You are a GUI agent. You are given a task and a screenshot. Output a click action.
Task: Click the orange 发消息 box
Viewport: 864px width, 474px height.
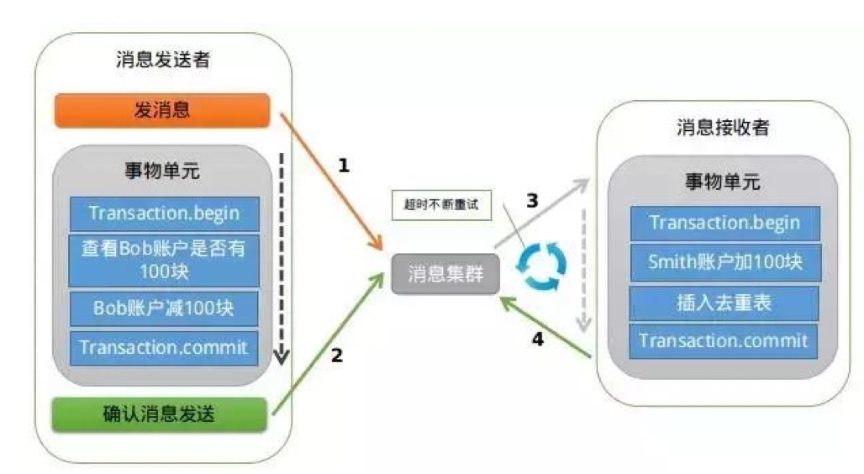161,110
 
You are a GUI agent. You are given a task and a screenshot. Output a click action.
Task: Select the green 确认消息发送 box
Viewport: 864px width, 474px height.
160,413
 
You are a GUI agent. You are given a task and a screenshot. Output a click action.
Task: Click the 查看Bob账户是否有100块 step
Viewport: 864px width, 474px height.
164,261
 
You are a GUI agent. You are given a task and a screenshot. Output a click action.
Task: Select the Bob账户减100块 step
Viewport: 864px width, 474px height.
164,308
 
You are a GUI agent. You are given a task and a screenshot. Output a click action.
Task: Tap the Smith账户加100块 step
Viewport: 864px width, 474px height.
724,261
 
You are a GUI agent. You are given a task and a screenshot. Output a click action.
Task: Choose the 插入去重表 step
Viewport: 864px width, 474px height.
724,302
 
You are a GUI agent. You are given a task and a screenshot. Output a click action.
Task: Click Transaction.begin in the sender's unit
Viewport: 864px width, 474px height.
164,213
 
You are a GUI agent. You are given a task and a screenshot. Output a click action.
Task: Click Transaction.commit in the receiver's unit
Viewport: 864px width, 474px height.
724,340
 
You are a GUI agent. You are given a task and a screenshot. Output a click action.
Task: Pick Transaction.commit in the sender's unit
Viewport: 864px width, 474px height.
164,346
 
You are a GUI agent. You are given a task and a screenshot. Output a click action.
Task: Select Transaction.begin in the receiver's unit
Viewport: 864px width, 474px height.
724,224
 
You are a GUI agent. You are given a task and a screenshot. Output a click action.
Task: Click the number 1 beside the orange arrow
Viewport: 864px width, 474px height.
343,166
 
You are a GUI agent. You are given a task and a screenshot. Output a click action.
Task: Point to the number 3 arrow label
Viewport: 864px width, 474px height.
531,201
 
